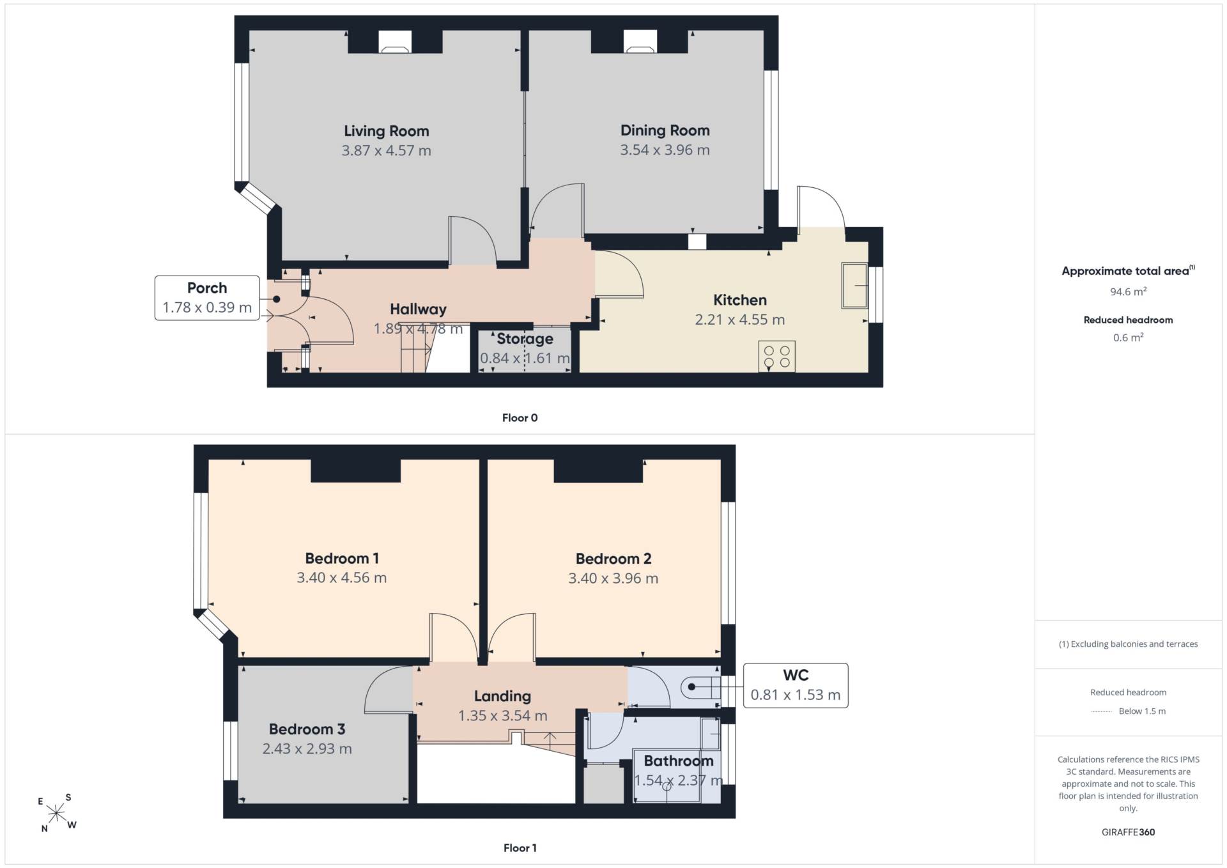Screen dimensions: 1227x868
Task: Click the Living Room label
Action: (386, 131)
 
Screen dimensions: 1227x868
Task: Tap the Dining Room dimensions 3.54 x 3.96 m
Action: (665, 150)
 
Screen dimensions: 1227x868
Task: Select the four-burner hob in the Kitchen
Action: (776, 356)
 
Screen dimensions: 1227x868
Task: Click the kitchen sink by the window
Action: (854, 285)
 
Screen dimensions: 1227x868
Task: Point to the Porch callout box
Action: (207, 298)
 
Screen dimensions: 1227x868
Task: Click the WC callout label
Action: (796, 676)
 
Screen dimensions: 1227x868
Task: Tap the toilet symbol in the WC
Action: (700, 687)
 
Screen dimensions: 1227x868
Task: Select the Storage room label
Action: (525, 339)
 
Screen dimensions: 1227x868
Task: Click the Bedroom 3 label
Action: (307, 729)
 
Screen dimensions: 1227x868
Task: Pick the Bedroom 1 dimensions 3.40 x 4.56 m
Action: (341, 578)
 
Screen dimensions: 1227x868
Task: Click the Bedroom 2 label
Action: (613, 559)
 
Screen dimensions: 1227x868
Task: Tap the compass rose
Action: (56, 813)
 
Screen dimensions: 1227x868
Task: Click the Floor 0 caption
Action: (520, 418)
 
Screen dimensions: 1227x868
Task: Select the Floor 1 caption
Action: (520, 848)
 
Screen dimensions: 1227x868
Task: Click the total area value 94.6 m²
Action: (1128, 291)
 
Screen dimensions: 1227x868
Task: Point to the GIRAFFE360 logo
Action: (1128, 832)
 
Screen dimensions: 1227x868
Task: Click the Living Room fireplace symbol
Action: (395, 42)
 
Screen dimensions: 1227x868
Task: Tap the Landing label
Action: (502, 697)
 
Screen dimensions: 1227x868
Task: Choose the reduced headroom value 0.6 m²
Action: (1128, 337)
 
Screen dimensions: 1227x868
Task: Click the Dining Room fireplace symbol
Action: (640, 42)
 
